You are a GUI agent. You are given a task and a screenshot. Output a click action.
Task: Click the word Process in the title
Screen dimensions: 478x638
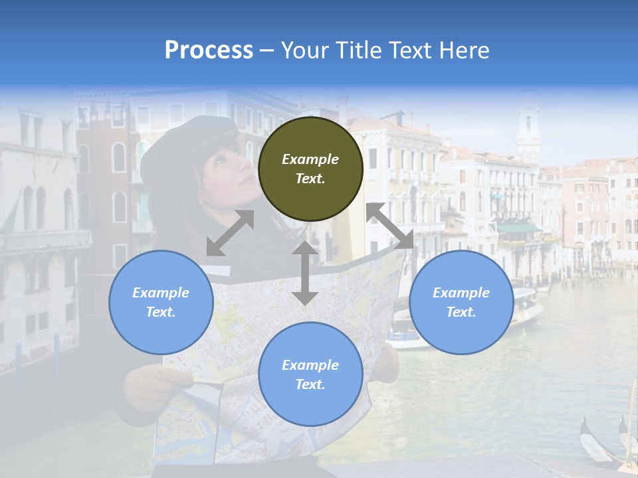point(209,50)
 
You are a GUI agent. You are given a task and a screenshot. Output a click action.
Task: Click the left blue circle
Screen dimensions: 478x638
point(161,302)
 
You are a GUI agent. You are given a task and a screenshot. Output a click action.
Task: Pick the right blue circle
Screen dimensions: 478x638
point(461,302)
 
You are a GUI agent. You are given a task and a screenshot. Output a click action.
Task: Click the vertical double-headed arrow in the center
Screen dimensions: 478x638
point(305,273)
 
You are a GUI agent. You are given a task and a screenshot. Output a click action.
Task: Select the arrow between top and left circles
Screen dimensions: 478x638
point(230,233)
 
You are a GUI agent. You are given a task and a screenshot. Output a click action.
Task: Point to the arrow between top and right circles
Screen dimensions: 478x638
point(390,226)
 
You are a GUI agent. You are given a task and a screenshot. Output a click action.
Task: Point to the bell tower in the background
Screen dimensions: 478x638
point(528,126)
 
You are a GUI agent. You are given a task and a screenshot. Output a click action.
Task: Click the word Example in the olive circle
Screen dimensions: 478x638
point(310,159)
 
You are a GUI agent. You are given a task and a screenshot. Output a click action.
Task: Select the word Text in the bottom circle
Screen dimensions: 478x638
point(309,384)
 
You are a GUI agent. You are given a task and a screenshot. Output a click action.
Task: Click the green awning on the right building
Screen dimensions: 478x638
point(518,228)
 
